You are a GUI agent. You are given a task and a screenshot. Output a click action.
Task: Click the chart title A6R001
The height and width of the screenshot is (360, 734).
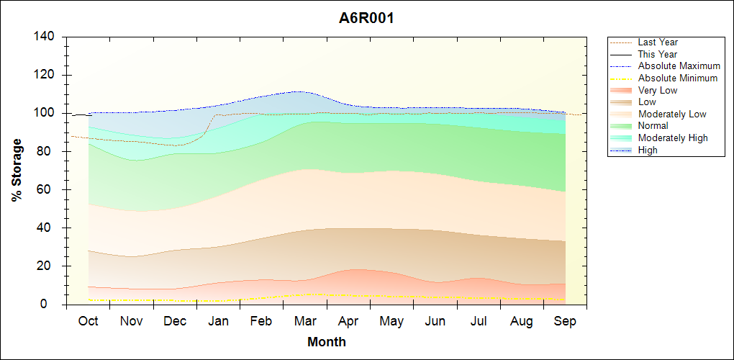point(366,18)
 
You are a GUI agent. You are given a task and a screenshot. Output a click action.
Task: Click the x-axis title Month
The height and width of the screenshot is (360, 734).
point(327,342)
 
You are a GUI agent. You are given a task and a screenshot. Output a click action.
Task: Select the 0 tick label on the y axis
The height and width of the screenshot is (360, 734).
point(52,305)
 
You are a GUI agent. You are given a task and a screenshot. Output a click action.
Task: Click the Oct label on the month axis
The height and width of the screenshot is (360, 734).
point(89,321)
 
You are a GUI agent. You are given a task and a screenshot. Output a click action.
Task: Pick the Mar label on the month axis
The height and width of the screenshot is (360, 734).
point(305,321)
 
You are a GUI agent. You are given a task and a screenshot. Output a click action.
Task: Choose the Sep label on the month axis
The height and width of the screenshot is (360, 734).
point(565,321)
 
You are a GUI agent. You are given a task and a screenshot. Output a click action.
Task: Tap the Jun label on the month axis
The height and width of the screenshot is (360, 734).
point(435,321)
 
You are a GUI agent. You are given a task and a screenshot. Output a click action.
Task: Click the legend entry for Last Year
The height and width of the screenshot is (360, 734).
point(658,42)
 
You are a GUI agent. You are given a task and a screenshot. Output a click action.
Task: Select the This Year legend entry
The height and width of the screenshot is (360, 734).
point(658,54)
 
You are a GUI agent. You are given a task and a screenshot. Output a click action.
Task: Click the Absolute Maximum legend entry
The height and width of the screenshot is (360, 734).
point(679,66)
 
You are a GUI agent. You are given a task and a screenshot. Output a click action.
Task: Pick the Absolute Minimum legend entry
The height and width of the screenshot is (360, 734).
point(678,78)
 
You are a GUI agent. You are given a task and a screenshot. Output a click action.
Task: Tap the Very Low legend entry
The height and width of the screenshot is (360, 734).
point(658,90)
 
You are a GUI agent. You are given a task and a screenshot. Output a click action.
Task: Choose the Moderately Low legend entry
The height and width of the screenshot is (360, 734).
point(672,114)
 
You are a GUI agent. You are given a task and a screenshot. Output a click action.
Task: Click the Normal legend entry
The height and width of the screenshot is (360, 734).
point(653,125)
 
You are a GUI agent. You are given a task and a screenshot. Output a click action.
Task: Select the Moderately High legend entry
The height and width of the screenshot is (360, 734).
point(673,138)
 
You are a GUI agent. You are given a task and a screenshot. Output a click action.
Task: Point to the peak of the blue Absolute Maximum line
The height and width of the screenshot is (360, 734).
point(297,91)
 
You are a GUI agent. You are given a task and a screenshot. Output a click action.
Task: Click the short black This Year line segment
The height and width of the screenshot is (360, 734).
point(81,115)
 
